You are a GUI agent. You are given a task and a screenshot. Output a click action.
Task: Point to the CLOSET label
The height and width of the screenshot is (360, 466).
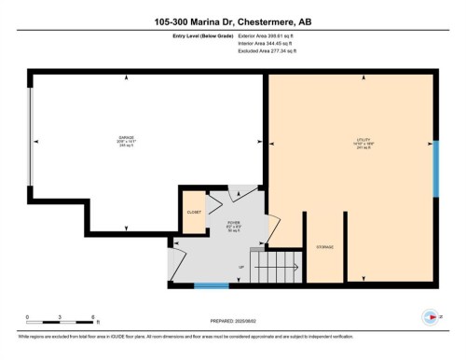193,212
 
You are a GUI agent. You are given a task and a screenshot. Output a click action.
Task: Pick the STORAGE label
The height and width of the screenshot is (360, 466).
324,247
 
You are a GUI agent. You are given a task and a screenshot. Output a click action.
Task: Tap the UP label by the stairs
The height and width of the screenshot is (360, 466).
243,266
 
